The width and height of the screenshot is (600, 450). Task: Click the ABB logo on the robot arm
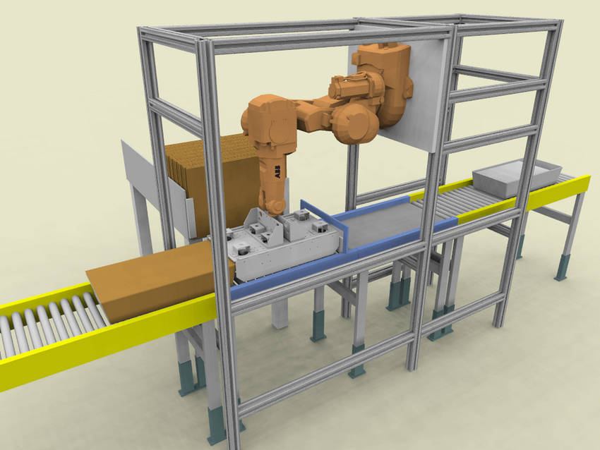click(x=277, y=171)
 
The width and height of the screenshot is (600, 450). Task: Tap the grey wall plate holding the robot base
click(x=398, y=96)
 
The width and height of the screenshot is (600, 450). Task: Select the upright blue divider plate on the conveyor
click(x=325, y=224)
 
